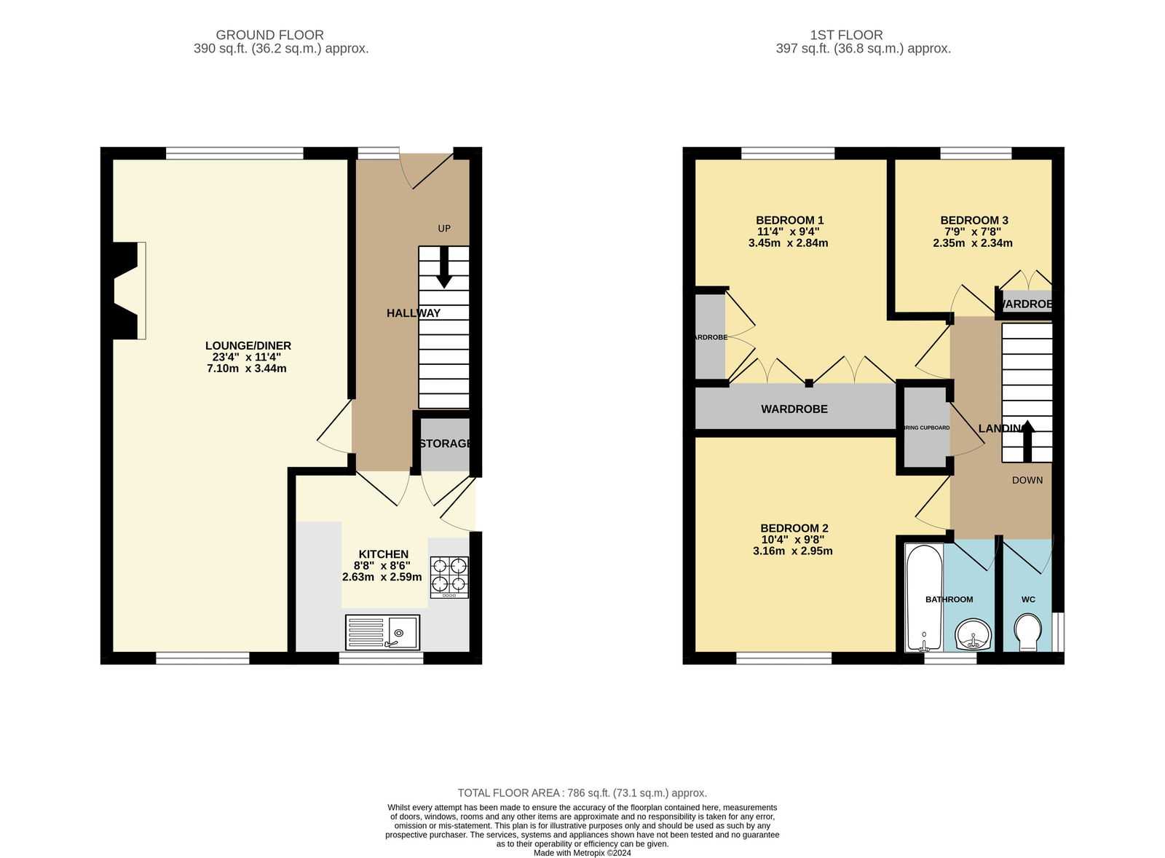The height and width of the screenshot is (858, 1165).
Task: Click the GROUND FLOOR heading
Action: [269, 35]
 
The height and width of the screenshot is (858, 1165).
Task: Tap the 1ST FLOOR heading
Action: [846, 35]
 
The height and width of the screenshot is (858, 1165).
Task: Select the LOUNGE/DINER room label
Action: [248, 346]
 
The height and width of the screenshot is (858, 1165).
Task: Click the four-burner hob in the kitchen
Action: [449, 576]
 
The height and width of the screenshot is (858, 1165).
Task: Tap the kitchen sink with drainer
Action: [382, 632]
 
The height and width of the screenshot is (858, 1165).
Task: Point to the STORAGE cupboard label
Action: [445, 444]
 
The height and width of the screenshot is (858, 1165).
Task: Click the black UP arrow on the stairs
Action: [443, 268]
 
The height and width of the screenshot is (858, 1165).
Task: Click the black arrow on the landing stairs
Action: [1027, 441]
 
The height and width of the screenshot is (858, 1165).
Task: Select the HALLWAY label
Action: [413, 313]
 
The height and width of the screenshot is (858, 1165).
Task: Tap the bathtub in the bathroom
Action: [924, 597]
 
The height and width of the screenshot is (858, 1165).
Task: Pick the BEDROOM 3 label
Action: [974, 220]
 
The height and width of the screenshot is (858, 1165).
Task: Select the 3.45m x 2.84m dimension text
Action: [788, 243]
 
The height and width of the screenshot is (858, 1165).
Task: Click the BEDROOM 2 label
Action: [794, 528]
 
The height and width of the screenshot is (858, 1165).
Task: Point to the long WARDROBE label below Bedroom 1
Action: [794, 409]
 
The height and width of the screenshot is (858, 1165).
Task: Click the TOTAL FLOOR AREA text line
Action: [582, 792]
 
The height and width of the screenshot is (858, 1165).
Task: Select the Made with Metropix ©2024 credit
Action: [582, 852]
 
